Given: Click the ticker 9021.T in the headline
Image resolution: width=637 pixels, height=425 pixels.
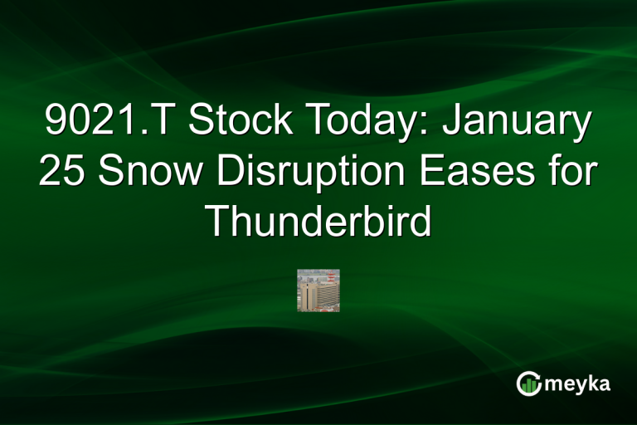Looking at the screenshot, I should click(x=109, y=124).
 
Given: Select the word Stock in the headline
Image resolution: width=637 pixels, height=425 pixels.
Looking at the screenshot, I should click(x=241, y=124).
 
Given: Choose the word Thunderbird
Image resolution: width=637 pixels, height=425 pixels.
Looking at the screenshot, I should click(x=318, y=221).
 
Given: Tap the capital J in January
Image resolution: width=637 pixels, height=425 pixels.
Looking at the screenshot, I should click(x=452, y=124).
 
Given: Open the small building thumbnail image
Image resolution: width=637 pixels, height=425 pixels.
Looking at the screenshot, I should click(x=318, y=291).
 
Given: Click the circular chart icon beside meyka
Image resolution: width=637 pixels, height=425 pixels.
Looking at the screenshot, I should click(x=529, y=383).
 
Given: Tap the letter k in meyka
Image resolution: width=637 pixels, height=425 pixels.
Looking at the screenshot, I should click(x=590, y=383).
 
